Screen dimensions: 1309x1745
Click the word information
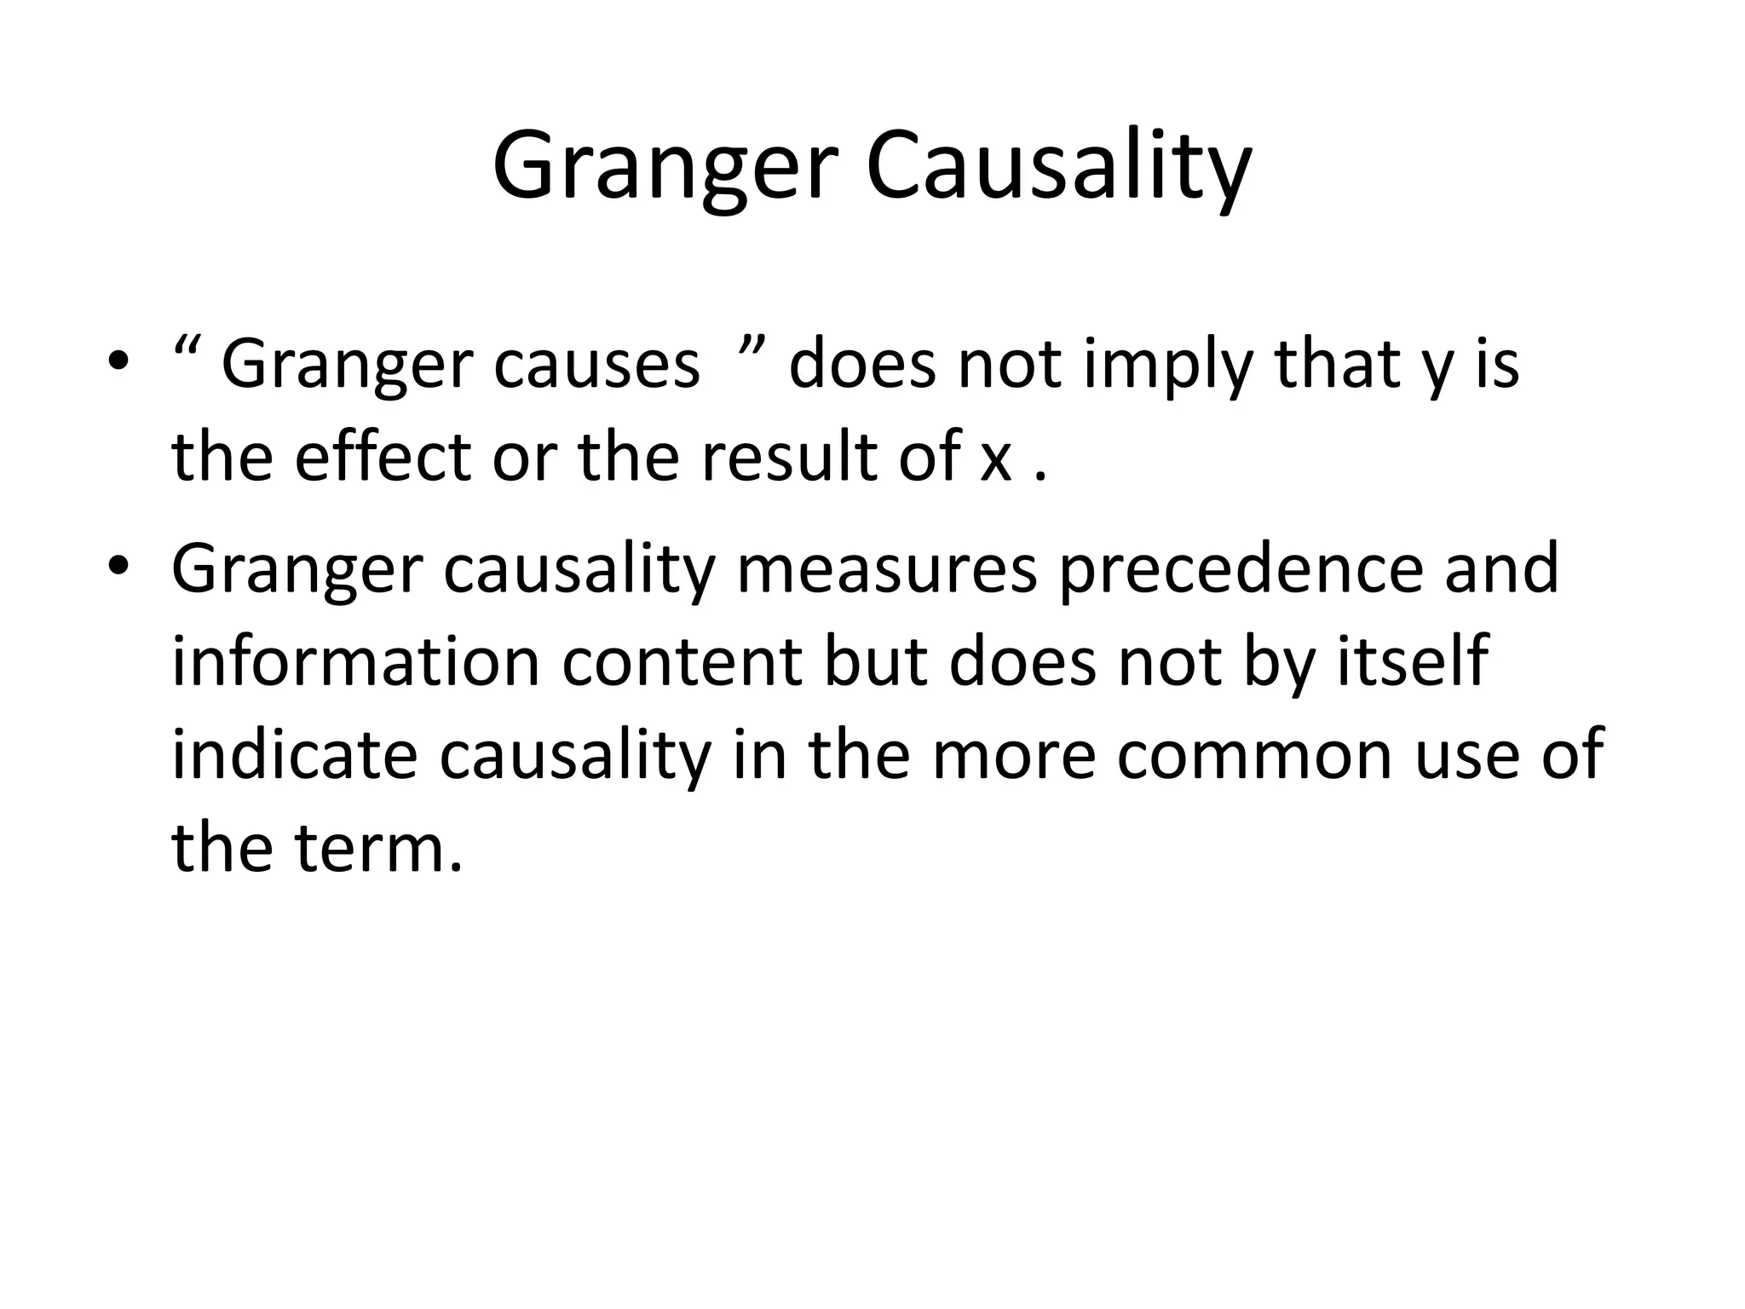tap(355, 661)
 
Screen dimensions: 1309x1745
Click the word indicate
tap(294, 754)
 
